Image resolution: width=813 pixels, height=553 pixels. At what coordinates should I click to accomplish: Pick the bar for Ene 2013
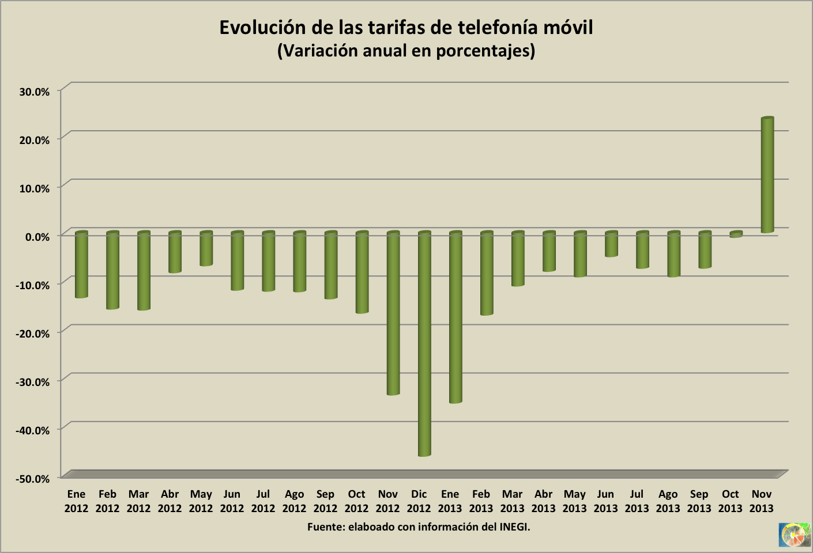pos(456,317)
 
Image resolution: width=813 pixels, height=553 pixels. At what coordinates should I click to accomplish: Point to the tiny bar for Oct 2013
pos(736,234)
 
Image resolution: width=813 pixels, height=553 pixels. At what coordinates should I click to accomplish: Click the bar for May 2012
pos(206,249)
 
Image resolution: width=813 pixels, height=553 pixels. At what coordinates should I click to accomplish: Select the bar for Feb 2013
pos(487,274)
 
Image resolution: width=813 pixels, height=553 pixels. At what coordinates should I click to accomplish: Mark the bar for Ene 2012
pos(81,265)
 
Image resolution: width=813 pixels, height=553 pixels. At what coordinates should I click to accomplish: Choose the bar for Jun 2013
pos(611,244)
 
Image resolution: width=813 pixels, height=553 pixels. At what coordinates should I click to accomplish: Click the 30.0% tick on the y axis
pos(34,91)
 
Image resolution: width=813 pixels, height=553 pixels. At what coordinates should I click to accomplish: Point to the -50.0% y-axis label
pos(33,478)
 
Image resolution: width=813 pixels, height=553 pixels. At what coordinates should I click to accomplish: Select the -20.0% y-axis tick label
pos(33,333)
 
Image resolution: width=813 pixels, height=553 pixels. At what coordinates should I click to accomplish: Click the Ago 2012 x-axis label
pos(294,501)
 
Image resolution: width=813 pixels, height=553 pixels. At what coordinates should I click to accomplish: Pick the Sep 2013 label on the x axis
pos(699,501)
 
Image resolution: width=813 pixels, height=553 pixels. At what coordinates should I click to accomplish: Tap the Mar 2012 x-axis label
pos(138,501)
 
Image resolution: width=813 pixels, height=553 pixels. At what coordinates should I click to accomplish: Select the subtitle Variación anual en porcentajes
pos(406,51)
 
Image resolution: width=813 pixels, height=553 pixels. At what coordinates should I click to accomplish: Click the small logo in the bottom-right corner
pos(794,535)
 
